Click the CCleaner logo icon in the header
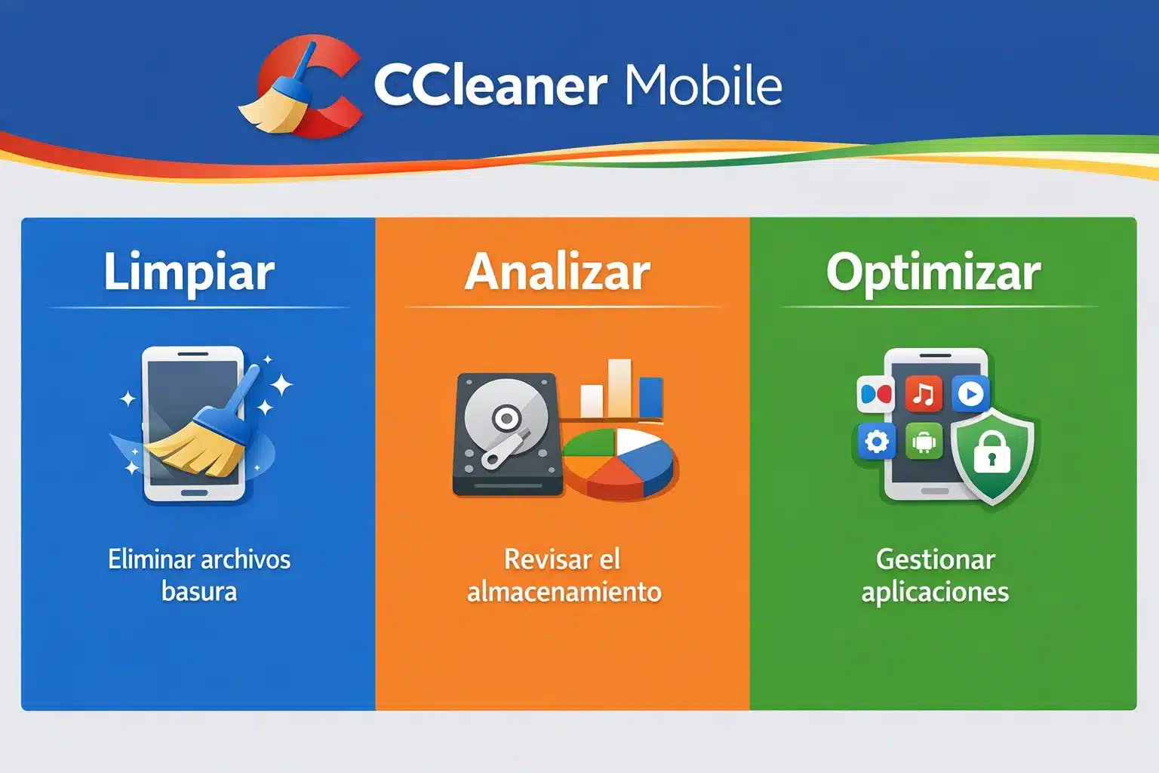(x=302, y=87)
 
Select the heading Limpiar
(x=189, y=272)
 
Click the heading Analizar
(x=558, y=272)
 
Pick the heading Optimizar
(x=933, y=272)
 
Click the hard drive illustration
(x=507, y=436)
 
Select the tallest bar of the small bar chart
(x=619, y=387)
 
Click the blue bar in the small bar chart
(x=650, y=397)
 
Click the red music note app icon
(x=924, y=394)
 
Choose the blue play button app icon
(x=970, y=394)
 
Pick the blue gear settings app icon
(x=877, y=442)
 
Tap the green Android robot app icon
(x=924, y=442)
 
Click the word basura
(x=199, y=591)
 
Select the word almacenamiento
(x=564, y=591)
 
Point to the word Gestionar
(x=935, y=559)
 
